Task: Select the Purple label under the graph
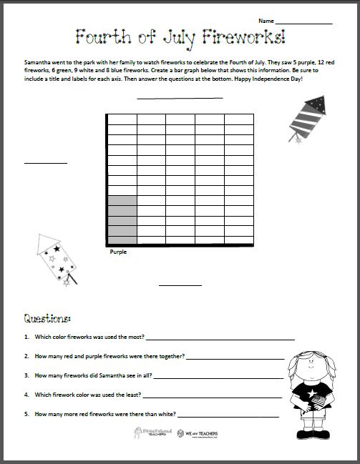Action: click(x=118, y=252)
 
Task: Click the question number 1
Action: click(x=26, y=336)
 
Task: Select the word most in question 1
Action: click(x=134, y=336)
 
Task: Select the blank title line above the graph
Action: click(x=179, y=98)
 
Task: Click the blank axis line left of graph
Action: click(x=45, y=163)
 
